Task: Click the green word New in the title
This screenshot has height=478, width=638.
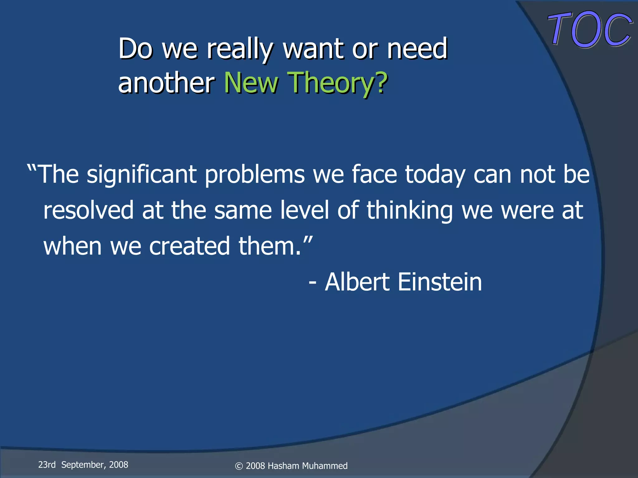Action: click(251, 82)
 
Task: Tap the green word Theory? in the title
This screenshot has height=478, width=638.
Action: click(338, 82)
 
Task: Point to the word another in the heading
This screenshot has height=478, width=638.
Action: click(166, 82)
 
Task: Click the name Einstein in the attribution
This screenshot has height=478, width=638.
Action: click(440, 282)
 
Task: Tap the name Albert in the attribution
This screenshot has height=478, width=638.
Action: click(357, 282)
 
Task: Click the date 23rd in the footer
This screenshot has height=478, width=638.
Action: click(47, 465)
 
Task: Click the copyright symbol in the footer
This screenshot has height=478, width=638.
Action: click(239, 466)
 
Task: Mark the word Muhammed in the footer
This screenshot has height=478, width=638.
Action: click(325, 466)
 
